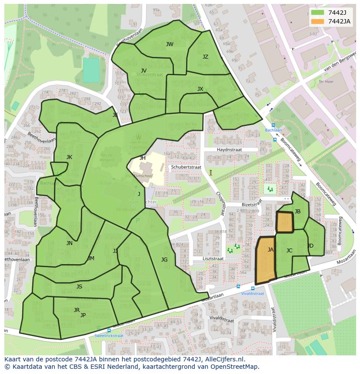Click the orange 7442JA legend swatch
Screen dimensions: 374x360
tap(318, 22)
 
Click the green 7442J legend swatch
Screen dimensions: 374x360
tap(318, 13)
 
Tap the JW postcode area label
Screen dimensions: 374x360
tap(170, 44)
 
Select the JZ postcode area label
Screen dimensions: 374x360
tap(205, 57)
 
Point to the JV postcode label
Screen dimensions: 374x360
tap(143, 71)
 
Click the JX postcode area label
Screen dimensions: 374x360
tap(200, 89)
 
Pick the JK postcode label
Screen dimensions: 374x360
tap(69, 157)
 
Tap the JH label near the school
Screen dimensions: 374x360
tap(143, 158)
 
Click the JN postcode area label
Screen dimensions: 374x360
tap(70, 243)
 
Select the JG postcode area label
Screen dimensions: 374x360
tap(164, 260)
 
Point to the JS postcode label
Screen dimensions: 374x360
tap(79, 287)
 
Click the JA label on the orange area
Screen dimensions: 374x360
tap(270, 250)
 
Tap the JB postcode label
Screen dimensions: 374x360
tap(297, 212)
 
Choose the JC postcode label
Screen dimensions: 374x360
tap(289, 251)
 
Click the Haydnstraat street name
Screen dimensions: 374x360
tap(229, 149)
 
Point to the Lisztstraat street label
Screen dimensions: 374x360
tap(213, 258)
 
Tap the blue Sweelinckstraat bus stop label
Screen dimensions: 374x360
tap(109, 336)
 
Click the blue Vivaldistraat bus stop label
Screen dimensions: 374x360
tap(253, 294)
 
